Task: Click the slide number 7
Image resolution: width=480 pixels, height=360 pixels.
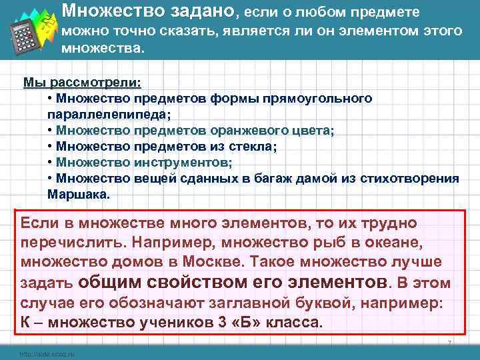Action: pos(450,343)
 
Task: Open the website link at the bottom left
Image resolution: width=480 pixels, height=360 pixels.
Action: pos(47,354)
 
